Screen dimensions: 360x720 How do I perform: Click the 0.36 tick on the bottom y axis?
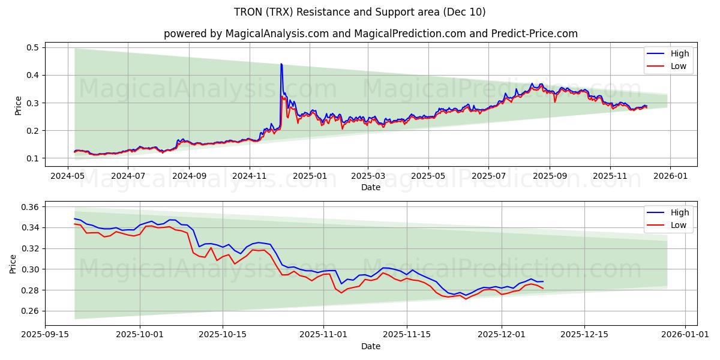[x=30, y=207]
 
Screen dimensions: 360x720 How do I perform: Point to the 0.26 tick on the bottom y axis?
[x=30, y=311]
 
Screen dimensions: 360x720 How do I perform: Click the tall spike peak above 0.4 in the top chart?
[x=281, y=64]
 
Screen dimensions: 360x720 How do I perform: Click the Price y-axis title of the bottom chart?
[x=13, y=263]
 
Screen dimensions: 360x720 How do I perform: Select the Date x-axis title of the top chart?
[x=370, y=187]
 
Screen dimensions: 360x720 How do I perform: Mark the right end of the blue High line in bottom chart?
[x=543, y=281]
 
